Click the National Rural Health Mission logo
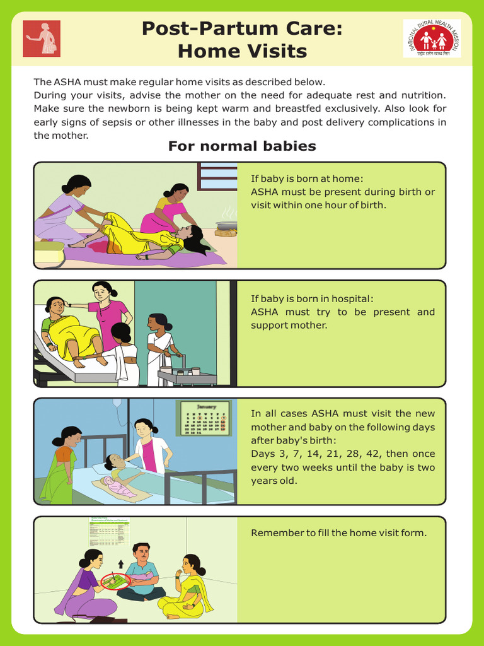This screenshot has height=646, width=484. [x=432, y=38]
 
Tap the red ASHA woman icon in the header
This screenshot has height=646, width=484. [x=42, y=38]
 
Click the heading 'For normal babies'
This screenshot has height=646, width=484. [x=242, y=146]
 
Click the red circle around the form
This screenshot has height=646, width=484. [x=115, y=581]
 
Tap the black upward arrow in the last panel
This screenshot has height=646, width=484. [x=122, y=563]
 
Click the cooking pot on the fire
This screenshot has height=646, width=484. [x=226, y=226]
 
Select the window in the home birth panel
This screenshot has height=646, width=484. [x=217, y=176]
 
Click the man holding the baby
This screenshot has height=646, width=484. [x=142, y=571]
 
